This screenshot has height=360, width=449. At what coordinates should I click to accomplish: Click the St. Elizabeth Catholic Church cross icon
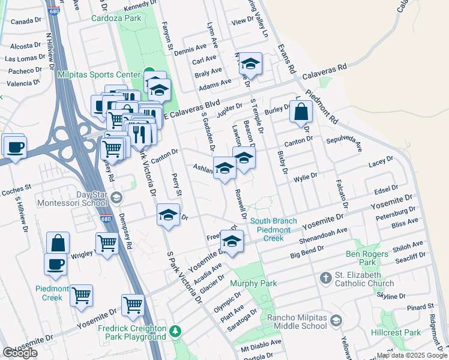(x=325, y=278)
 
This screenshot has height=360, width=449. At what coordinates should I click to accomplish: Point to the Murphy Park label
(x=253, y=283)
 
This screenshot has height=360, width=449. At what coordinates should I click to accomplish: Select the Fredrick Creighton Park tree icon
(x=175, y=331)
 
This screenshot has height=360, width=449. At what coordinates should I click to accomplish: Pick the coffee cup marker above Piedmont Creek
(x=56, y=264)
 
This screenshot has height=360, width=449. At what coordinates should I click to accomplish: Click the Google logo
(x=20, y=353)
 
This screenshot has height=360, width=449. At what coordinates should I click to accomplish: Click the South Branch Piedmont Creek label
(x=274, y=230)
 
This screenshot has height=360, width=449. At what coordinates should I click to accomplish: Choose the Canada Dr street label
(x=25, y=22)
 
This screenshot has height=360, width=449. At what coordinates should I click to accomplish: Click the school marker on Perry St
(x=168, y=214)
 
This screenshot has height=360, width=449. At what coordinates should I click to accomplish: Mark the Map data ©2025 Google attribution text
(x=412, y=355)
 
